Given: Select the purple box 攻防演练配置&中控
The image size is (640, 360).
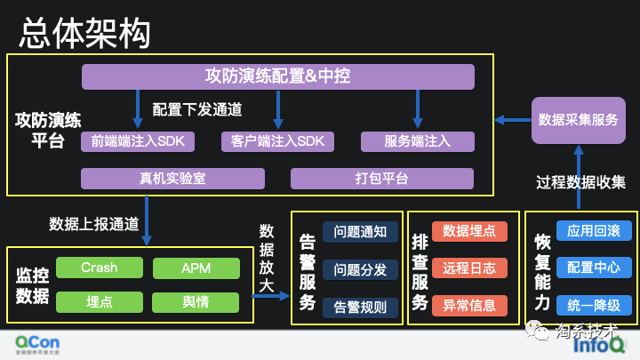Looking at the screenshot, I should click(x=277, y=76).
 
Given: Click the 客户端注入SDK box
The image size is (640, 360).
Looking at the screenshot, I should click(x=278, y=141).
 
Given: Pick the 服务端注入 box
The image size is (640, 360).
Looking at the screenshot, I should click(x=417, y=141).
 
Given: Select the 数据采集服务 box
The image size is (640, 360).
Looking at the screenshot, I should click(x=578, y=120).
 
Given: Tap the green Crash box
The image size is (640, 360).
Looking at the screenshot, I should click(x=99, y=268).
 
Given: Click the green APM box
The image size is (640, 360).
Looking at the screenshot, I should click(x=196, y=268).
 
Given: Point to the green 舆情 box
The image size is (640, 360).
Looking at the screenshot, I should click(x=196, y=301).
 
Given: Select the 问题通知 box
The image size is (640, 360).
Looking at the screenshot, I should click(x=360, y=233).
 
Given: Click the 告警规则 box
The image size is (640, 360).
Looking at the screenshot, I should click(x=360, y=307).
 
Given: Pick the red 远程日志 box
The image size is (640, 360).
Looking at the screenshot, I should click(x=469, y=268).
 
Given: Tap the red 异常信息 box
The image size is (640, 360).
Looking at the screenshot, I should click(x=469, y=305).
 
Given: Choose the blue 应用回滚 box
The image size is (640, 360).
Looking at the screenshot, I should click(x=594, y=230).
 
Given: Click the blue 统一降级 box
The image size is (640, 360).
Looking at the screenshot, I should click(x=594, y=305).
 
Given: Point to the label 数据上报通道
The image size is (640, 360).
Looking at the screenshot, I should click(x=93, y=223).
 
